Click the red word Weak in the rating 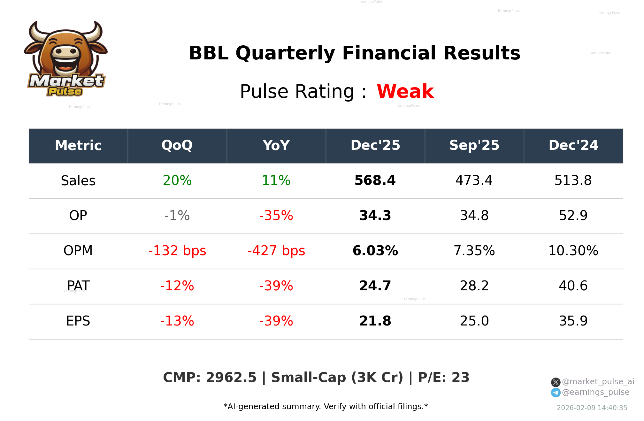[405, 91]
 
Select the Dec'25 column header [375, 146]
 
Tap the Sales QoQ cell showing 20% [177, 180]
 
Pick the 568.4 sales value [375, 180]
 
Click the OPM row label [78, 251]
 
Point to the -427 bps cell [276, 251]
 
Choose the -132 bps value [177, 251]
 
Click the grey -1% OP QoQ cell [177, 216]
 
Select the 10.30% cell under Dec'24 [573, 251]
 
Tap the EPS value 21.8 [375, 321]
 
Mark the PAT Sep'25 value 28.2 [474, 286]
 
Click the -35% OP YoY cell [276, 216]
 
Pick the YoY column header [276, 146]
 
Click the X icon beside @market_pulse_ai [556, 382]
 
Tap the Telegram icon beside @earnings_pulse [556, 393]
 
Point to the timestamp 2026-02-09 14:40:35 [592, 408]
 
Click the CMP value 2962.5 [231, 378]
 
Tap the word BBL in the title [208, 53]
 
